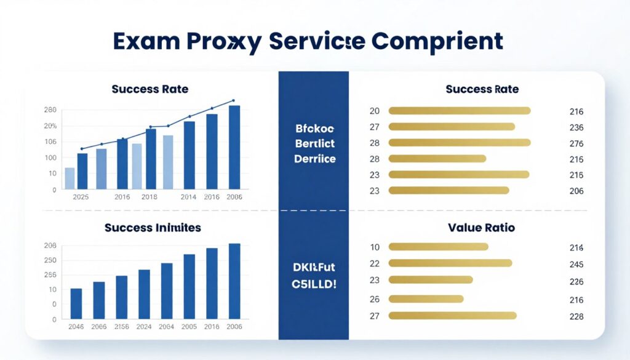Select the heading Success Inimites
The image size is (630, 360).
pyautogui.click(x=153, y=228)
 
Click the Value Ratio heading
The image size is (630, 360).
pyautogui.click(x=482, y=228)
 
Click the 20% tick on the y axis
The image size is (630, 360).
pyautogui.click(x=50, y=126)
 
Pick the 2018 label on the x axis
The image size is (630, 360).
pyautogui.click(x=149, y=197)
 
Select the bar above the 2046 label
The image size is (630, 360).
pyautogui.click(x=76, y=303)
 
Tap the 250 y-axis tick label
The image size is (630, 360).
pyautogui.click(x=50, y=260)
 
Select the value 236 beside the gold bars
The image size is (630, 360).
pyautogui.click(x=576, y=127)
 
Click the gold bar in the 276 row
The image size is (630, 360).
pyautogui.click(x=460, y=143)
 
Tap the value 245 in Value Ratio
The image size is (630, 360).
pyautogui.click(x=576, y=264)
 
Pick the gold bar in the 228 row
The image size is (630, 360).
pyautogui.click(x=452, y=316)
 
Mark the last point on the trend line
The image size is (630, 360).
pyautogui.click(x=234, y=100)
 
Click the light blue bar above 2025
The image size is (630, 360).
pyautogui.click(x=70, y=178)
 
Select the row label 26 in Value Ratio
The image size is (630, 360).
pyautogui.click(x=375, y=300)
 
